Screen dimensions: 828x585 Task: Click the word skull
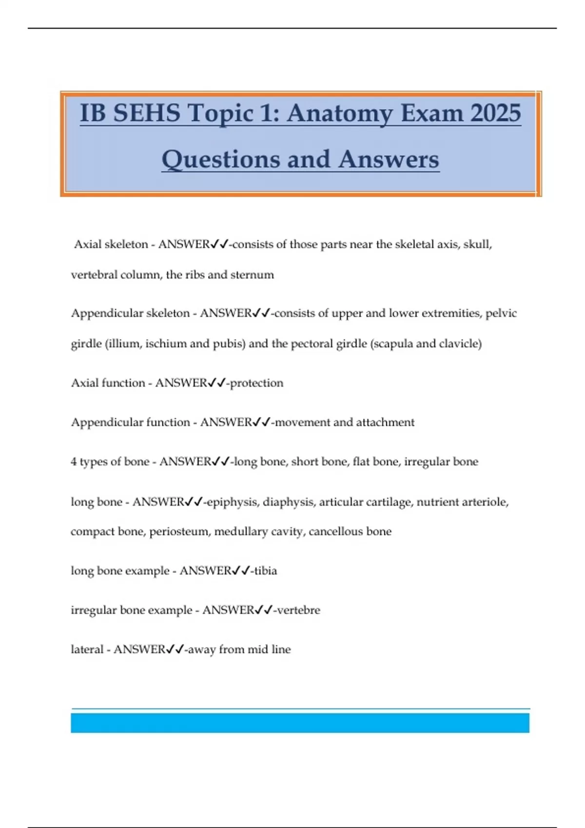tap(477, 244)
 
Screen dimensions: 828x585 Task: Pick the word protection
tap(256, 383)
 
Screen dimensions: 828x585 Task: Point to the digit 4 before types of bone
tap(74, 462)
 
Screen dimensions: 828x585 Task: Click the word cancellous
tap(336, 531)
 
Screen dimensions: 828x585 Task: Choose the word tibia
tap(266, 571)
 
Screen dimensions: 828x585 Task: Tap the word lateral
tap(87, 650)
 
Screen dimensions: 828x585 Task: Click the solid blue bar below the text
tap(300, 723)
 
